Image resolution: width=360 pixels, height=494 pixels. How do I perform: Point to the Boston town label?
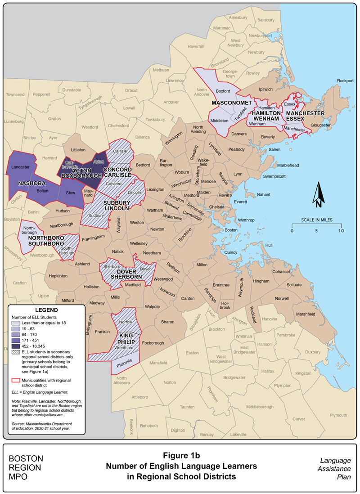click(x=231, y=230)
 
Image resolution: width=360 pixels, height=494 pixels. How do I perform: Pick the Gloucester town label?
click(x=320, y=125)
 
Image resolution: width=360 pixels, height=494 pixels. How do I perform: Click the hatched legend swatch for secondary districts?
click(x=17, y=352)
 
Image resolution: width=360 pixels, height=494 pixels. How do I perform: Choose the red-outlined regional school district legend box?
click(x=17, y=380)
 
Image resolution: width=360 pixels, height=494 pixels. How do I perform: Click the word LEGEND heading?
click(x=46, y=310)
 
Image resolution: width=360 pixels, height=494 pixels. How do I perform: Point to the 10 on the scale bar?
click(x=341, y=230)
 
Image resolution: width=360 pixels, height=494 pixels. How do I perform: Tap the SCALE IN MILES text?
click(x=316, y=220)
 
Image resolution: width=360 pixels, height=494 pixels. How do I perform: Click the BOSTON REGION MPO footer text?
click(x=26, y=468)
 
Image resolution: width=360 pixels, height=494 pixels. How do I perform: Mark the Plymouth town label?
click(x=338, y=415)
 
